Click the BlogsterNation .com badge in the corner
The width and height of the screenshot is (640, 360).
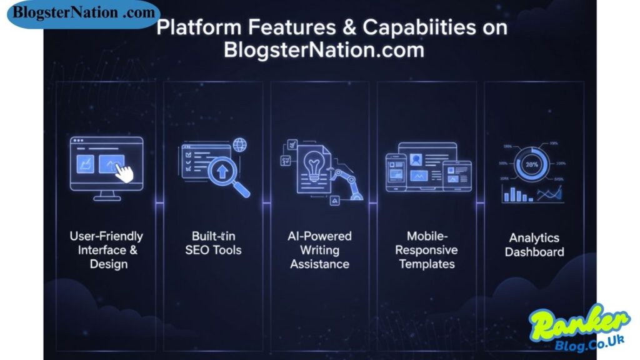coord(84,13)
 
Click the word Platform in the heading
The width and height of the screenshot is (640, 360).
coord(192,28)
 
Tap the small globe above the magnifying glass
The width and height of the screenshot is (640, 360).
coord(239,145)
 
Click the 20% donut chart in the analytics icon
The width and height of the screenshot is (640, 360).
coord(532,164)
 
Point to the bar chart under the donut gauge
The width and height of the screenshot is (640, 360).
coord(518,194)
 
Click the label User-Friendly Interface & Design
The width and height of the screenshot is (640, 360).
coord(106,250)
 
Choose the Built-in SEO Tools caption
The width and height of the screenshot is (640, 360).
coord(213,243)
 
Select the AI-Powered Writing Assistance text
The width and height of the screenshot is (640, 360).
coord(319,250)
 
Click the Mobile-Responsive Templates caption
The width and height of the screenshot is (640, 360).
coord(427,250)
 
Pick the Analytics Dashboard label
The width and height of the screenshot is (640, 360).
coord(534,244)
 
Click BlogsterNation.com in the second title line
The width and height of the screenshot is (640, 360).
coord(324,51)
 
